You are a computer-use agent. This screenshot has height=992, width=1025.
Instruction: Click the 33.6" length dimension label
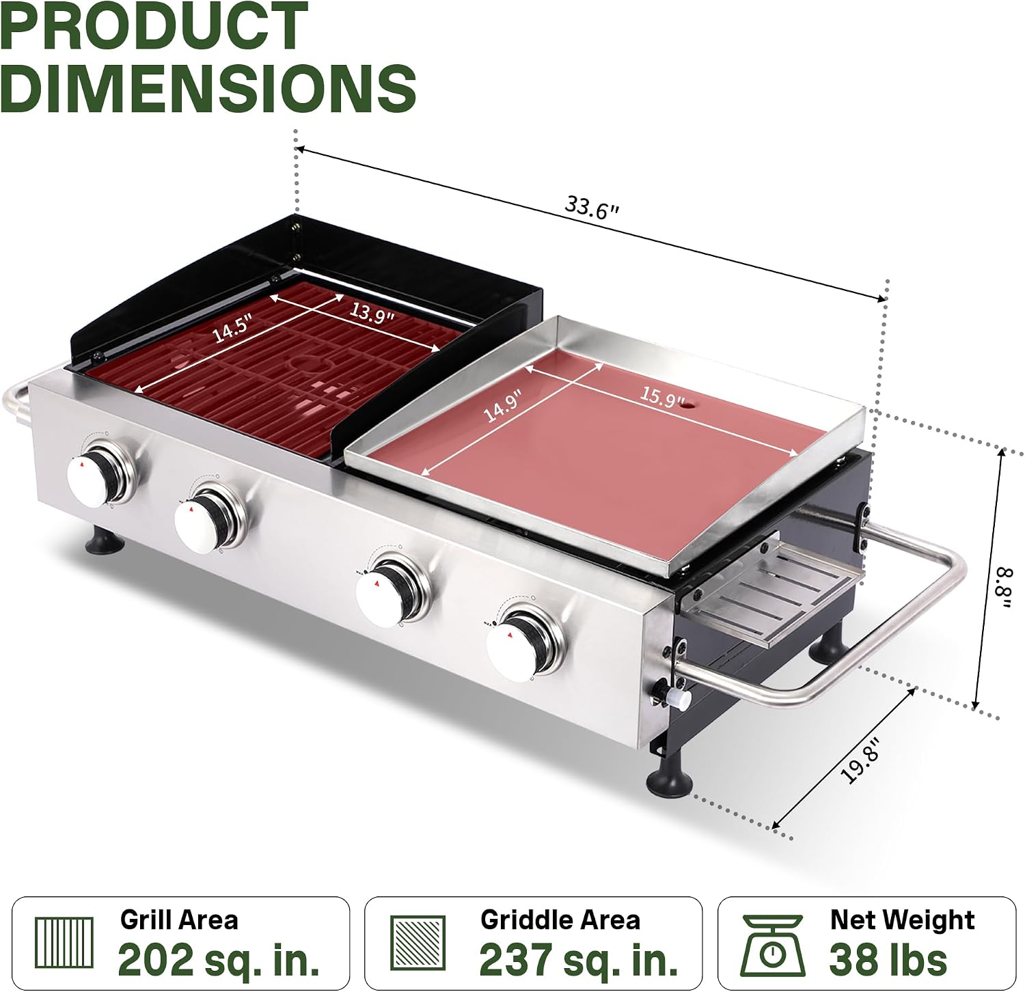click(x=592, y=207)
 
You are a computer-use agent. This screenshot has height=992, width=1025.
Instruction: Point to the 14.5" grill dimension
click(x=232, y=327)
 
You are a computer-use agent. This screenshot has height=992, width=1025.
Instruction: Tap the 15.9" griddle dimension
click(x=662, y=396)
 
